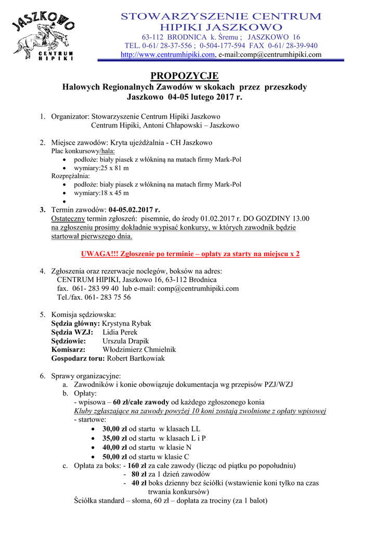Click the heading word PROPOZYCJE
click(x=188, y=77)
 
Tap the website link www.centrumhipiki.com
click(x=167, y=55)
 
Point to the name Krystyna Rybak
click(x=126, y=323)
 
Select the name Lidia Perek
click(x=120, y=332)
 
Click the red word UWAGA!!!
click(x=99, y=254)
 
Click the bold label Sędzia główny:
click(x=75, y=323)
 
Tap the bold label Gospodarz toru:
click(x=78, y=359)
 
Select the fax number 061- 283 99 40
click(x=94, y=288)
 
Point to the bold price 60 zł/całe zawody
click(x=140, y=402)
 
